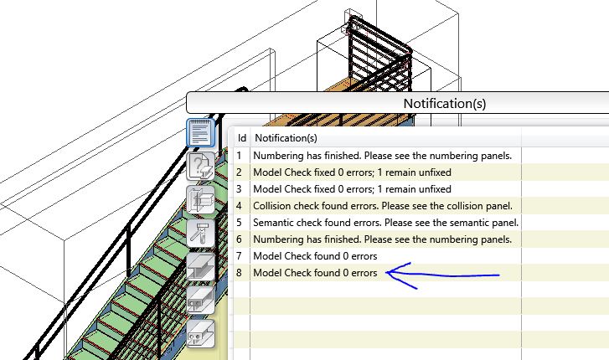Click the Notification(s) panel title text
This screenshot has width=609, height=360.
444,104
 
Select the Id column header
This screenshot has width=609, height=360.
241,137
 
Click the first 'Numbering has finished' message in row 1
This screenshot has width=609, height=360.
382,155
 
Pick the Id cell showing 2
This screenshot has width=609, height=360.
240,172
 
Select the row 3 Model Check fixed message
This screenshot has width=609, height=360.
352,188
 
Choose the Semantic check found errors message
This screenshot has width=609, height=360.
385,222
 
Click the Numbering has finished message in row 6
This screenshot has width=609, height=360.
382,239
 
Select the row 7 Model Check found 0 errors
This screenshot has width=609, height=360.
315,255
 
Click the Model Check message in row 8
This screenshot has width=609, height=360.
315,272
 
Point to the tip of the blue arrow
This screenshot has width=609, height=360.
386,272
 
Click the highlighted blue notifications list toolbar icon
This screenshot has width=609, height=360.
200,133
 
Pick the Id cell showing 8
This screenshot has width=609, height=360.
240,272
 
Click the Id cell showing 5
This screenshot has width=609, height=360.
240,222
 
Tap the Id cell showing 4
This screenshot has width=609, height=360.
240,205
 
